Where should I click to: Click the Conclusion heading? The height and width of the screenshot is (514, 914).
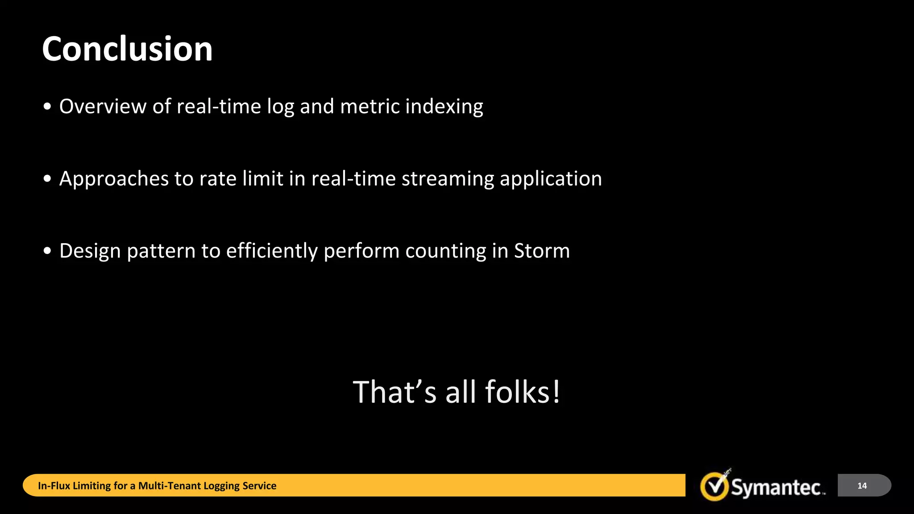click(127, 49)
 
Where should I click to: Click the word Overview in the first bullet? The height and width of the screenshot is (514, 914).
click(103, 107)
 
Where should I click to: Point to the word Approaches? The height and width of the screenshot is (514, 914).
click(114, 179)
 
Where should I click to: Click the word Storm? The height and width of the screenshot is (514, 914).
click(542, 251)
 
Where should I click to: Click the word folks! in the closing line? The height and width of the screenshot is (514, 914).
click(522, 392)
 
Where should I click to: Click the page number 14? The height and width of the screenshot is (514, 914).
click(862, 485)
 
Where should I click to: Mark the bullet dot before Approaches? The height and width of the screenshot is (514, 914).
click(48, 179)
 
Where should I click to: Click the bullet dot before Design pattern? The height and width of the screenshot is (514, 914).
click(48, 251)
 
